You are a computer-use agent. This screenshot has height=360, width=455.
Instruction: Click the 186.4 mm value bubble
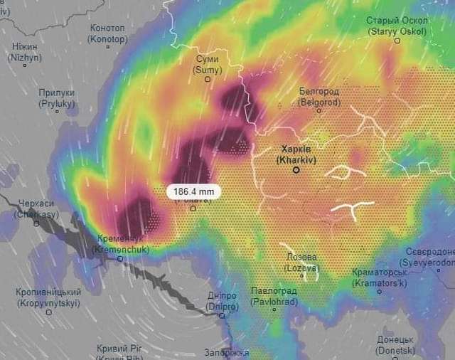(194, 191)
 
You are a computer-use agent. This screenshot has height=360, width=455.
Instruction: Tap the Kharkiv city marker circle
(296, 170)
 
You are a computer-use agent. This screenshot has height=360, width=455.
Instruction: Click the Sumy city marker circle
(208, 79)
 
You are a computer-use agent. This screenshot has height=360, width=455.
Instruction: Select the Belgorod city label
(319, 97)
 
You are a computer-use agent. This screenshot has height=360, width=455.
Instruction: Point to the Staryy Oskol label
(397, 26)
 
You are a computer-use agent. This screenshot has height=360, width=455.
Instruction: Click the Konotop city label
(107, 33)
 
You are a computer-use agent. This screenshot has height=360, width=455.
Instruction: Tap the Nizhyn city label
(23, 51)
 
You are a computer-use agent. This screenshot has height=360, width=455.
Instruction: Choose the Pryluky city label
(57, 98)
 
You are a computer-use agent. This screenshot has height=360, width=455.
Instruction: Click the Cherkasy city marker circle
(36, 223)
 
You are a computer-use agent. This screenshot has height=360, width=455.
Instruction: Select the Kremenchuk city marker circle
(119, 258)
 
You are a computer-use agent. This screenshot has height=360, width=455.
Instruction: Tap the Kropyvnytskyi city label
(48, 297)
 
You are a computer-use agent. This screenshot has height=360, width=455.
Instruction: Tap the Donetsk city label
(395, 345)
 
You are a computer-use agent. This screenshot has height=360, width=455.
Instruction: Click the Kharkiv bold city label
(296, 154)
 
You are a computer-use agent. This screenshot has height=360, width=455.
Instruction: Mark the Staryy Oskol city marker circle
(397, 41)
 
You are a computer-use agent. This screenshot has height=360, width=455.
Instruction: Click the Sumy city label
(208, 65)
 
